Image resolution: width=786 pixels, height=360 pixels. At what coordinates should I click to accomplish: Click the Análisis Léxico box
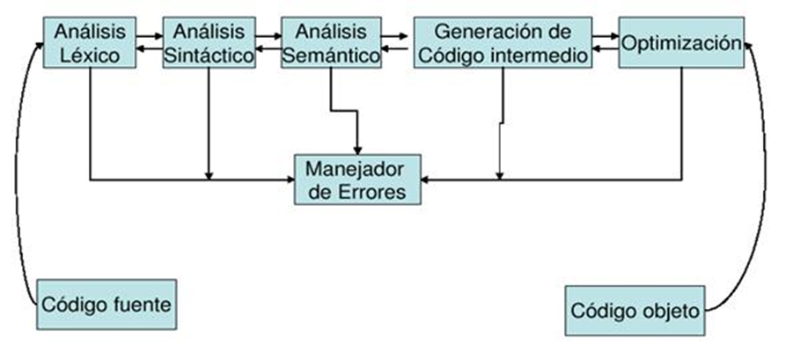coord(90,43)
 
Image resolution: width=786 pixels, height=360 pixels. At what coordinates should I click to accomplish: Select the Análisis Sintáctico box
coord(209,43)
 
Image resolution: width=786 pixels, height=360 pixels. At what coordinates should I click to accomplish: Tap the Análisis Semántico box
coord(331,43)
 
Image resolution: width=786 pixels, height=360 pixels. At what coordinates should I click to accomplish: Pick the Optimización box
coord(681,41)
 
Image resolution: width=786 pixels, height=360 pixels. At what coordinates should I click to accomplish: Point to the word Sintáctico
coord(209,55)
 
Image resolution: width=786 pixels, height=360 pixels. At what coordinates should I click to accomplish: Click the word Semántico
coord(332,55)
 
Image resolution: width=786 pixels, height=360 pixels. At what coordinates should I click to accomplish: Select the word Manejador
coord(356,166)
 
